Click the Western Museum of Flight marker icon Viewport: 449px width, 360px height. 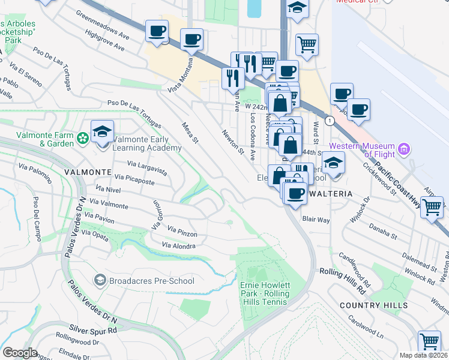coord(404,148)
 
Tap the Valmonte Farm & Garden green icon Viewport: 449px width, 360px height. coord(83,139)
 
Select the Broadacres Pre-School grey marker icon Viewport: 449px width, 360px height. coord(100,280)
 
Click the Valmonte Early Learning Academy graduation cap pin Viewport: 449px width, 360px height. coord(102,131)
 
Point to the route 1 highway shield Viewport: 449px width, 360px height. coord(330,121)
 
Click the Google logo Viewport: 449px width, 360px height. coord(20,353)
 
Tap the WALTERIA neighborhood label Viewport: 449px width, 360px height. coord(329,195)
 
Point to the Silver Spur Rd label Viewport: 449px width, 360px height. coord(92,329)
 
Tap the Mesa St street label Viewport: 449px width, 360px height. coord(190,133)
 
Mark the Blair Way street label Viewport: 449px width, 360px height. coord(316,220)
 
